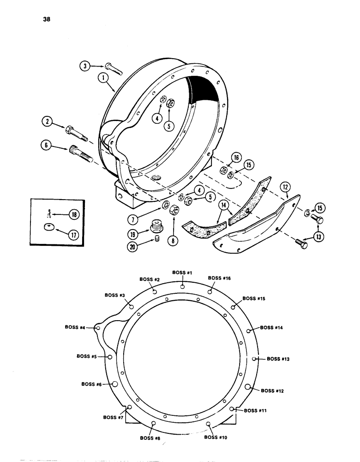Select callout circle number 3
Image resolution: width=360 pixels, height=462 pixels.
click(84, 67)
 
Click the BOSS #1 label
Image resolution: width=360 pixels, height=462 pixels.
click(182, 273)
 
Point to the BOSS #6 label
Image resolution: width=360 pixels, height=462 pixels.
click(92, 384)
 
